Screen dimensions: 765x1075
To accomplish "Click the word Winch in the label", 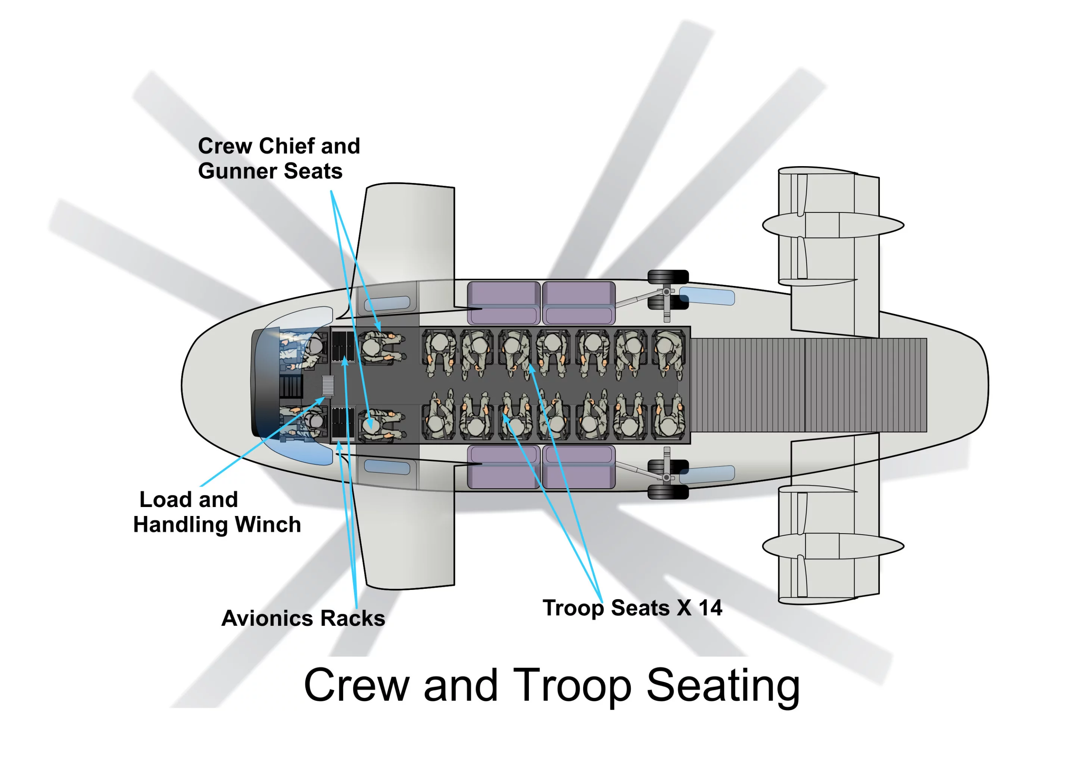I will [x=268, y=525].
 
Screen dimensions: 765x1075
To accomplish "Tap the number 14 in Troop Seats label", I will [x=710, y=608].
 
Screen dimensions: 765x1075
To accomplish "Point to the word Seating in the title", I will [x=723, y=685].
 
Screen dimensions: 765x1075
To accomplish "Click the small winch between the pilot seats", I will [x=328, y=385].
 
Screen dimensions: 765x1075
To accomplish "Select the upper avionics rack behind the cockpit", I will [x=342, y=346].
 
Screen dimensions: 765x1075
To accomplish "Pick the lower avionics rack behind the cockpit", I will [x=342, y=423].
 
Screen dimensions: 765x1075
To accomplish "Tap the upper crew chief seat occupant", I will [x=377, y=348].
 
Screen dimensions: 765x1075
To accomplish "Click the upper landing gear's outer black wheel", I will [x=668, y=277].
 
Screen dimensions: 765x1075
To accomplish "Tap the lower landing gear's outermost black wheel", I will [x=668, y=493].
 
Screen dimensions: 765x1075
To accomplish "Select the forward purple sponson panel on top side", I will [x=504, y=303].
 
